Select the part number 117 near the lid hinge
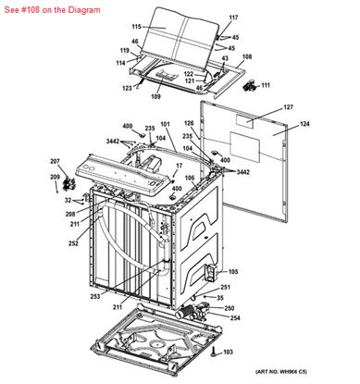(233, 19)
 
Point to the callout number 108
(246, 57)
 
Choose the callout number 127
(288, 107)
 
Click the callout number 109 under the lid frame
(156, 96)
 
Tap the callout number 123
(127, 89)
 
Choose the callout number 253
(94, 295)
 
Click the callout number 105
(232, 271)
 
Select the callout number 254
(235, 318)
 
